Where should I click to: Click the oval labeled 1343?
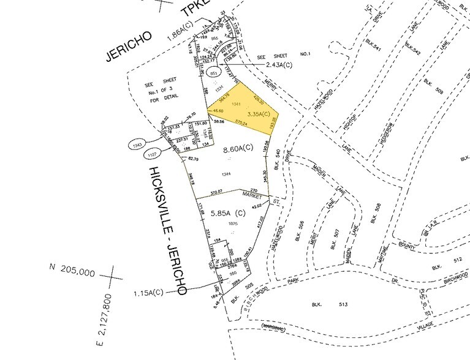click(x=137, y=145)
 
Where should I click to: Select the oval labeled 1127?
click(x=138, y=154)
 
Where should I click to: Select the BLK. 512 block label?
click(x=436, y=266)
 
